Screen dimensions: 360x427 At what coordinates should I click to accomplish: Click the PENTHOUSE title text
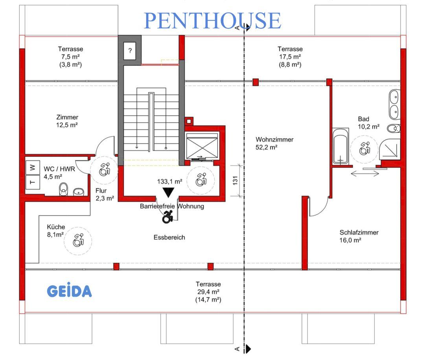[x=212, y=20]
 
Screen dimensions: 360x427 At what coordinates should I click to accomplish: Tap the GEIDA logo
[x=69, y=292]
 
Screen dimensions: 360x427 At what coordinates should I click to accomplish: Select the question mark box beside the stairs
[x=130, y=50]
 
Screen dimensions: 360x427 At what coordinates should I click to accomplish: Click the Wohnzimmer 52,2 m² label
[x=274, y=143]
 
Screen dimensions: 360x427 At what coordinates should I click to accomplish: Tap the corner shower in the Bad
[x=390, y=150]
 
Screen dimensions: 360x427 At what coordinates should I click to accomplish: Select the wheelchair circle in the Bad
[x=364, y=148]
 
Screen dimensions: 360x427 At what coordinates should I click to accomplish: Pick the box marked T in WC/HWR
[x=33, y=182]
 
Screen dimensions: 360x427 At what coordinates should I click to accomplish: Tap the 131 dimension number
[x=235, y=180]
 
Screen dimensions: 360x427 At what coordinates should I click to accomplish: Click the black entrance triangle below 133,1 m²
[x=169, y=192]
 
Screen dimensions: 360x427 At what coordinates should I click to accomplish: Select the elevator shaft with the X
[x=202, y=146]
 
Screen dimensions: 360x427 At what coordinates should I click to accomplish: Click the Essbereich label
[x=169, y=237]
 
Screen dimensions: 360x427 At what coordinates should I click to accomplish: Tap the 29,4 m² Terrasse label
[x=208, y=292]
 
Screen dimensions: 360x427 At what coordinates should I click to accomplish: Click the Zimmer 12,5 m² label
[x=67, y=121]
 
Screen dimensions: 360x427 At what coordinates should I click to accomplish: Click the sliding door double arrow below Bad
[x=363, y=174]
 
